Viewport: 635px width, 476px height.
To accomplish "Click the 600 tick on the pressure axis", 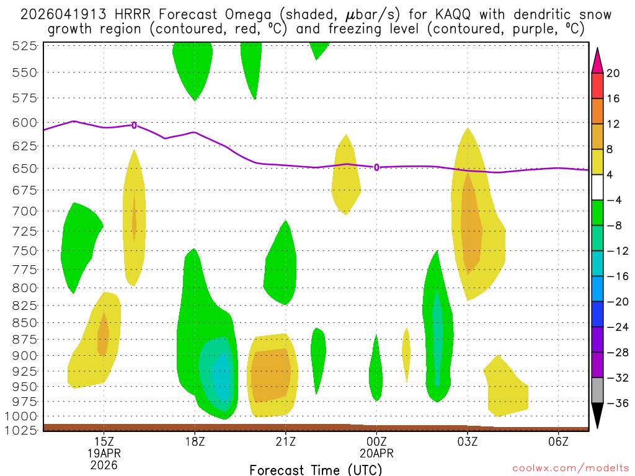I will (x=25, y=122).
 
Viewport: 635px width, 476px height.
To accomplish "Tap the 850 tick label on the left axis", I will (x=25, y=322).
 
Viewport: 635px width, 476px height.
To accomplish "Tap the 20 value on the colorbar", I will (x=613, y=73).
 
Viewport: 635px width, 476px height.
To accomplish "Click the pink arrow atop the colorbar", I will (x=597, y=59).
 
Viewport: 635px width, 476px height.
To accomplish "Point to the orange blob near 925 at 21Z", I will (x=270, y=374).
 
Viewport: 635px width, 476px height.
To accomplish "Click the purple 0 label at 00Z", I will (x=376, y=167).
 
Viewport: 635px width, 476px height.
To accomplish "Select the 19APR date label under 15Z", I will (x=104, y=452).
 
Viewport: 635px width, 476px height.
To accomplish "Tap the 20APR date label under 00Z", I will (x=376, y=452).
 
